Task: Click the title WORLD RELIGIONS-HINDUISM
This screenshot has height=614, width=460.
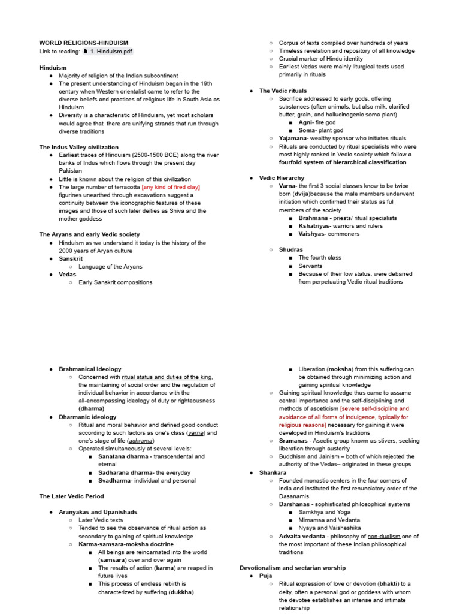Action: (x=83, y=43)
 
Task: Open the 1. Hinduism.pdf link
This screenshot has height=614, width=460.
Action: (x=111, y=52)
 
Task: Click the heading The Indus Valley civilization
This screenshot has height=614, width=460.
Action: (x=78, y=147)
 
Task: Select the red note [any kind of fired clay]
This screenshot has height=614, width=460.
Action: (x=171, y=187)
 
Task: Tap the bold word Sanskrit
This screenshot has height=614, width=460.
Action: (x=71, y=258)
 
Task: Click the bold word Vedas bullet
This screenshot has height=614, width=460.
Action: (x=67, y=274)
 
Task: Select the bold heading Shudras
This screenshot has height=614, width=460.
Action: (x=291, y=249)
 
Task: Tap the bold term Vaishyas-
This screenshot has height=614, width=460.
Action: (x=313, y=234)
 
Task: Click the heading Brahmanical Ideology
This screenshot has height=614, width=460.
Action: (x=90, y=369)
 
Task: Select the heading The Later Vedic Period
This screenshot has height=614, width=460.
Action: (x=71, y=496)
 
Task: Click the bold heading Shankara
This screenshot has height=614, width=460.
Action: (x=273, y=472)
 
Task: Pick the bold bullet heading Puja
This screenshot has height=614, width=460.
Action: (x=265, y=576)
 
